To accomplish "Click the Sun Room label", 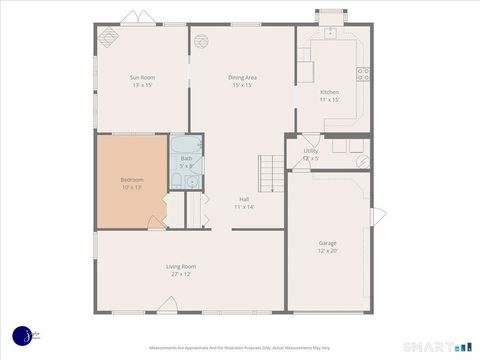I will [x=141, y=77].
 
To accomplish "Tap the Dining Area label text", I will [x=242, y=77].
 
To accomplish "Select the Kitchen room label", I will [x=330, y=92].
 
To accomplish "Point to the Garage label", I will [x=327, y=243].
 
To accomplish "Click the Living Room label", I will [x=181, y=266].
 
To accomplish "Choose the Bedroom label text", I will [x=132, y=180].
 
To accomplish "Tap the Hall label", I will [x=244, y=199].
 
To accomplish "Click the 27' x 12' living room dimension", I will [x=181, y=274].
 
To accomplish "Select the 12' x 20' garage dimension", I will [x=327, y=251].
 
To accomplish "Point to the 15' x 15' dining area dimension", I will [x=242, y=85].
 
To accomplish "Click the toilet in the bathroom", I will [x=177, y=181].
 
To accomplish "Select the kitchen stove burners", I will [x=363, y=74].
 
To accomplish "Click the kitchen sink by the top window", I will [x=330, y=32].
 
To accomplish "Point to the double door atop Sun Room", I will [x=137, y=18].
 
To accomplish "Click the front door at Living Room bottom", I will [x=167, y=306].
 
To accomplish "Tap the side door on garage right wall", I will [x=377, y=216].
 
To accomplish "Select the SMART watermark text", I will [x=428, y=347].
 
